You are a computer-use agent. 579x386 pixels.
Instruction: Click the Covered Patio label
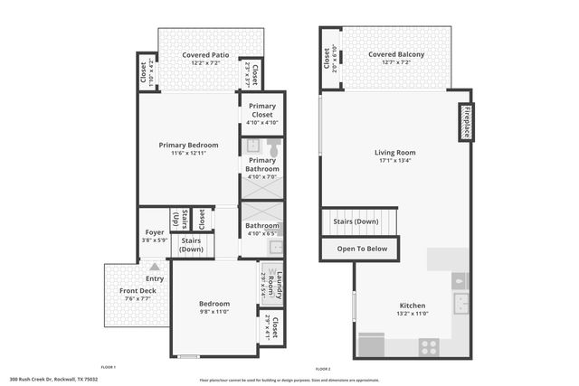(x=203, y=55)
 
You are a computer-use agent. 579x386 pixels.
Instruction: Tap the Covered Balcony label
(x=395, y=55)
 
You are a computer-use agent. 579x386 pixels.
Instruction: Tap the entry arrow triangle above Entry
(x=155, y=267)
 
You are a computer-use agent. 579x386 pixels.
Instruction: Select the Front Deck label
(x=137, y=291)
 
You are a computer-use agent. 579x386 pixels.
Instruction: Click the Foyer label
(x=155, y=232)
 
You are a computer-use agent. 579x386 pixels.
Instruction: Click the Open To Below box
(x=362, y=249)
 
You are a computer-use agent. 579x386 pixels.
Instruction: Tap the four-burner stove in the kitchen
(x=428, y=344)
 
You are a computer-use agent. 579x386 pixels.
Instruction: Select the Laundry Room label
(x=280, y=285)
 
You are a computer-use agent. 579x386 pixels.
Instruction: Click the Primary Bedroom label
(x=188, y=146)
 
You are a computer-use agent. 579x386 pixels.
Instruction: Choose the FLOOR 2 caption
(x=323, y=369)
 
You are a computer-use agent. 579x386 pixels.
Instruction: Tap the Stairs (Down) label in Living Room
(x=356, y=221)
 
